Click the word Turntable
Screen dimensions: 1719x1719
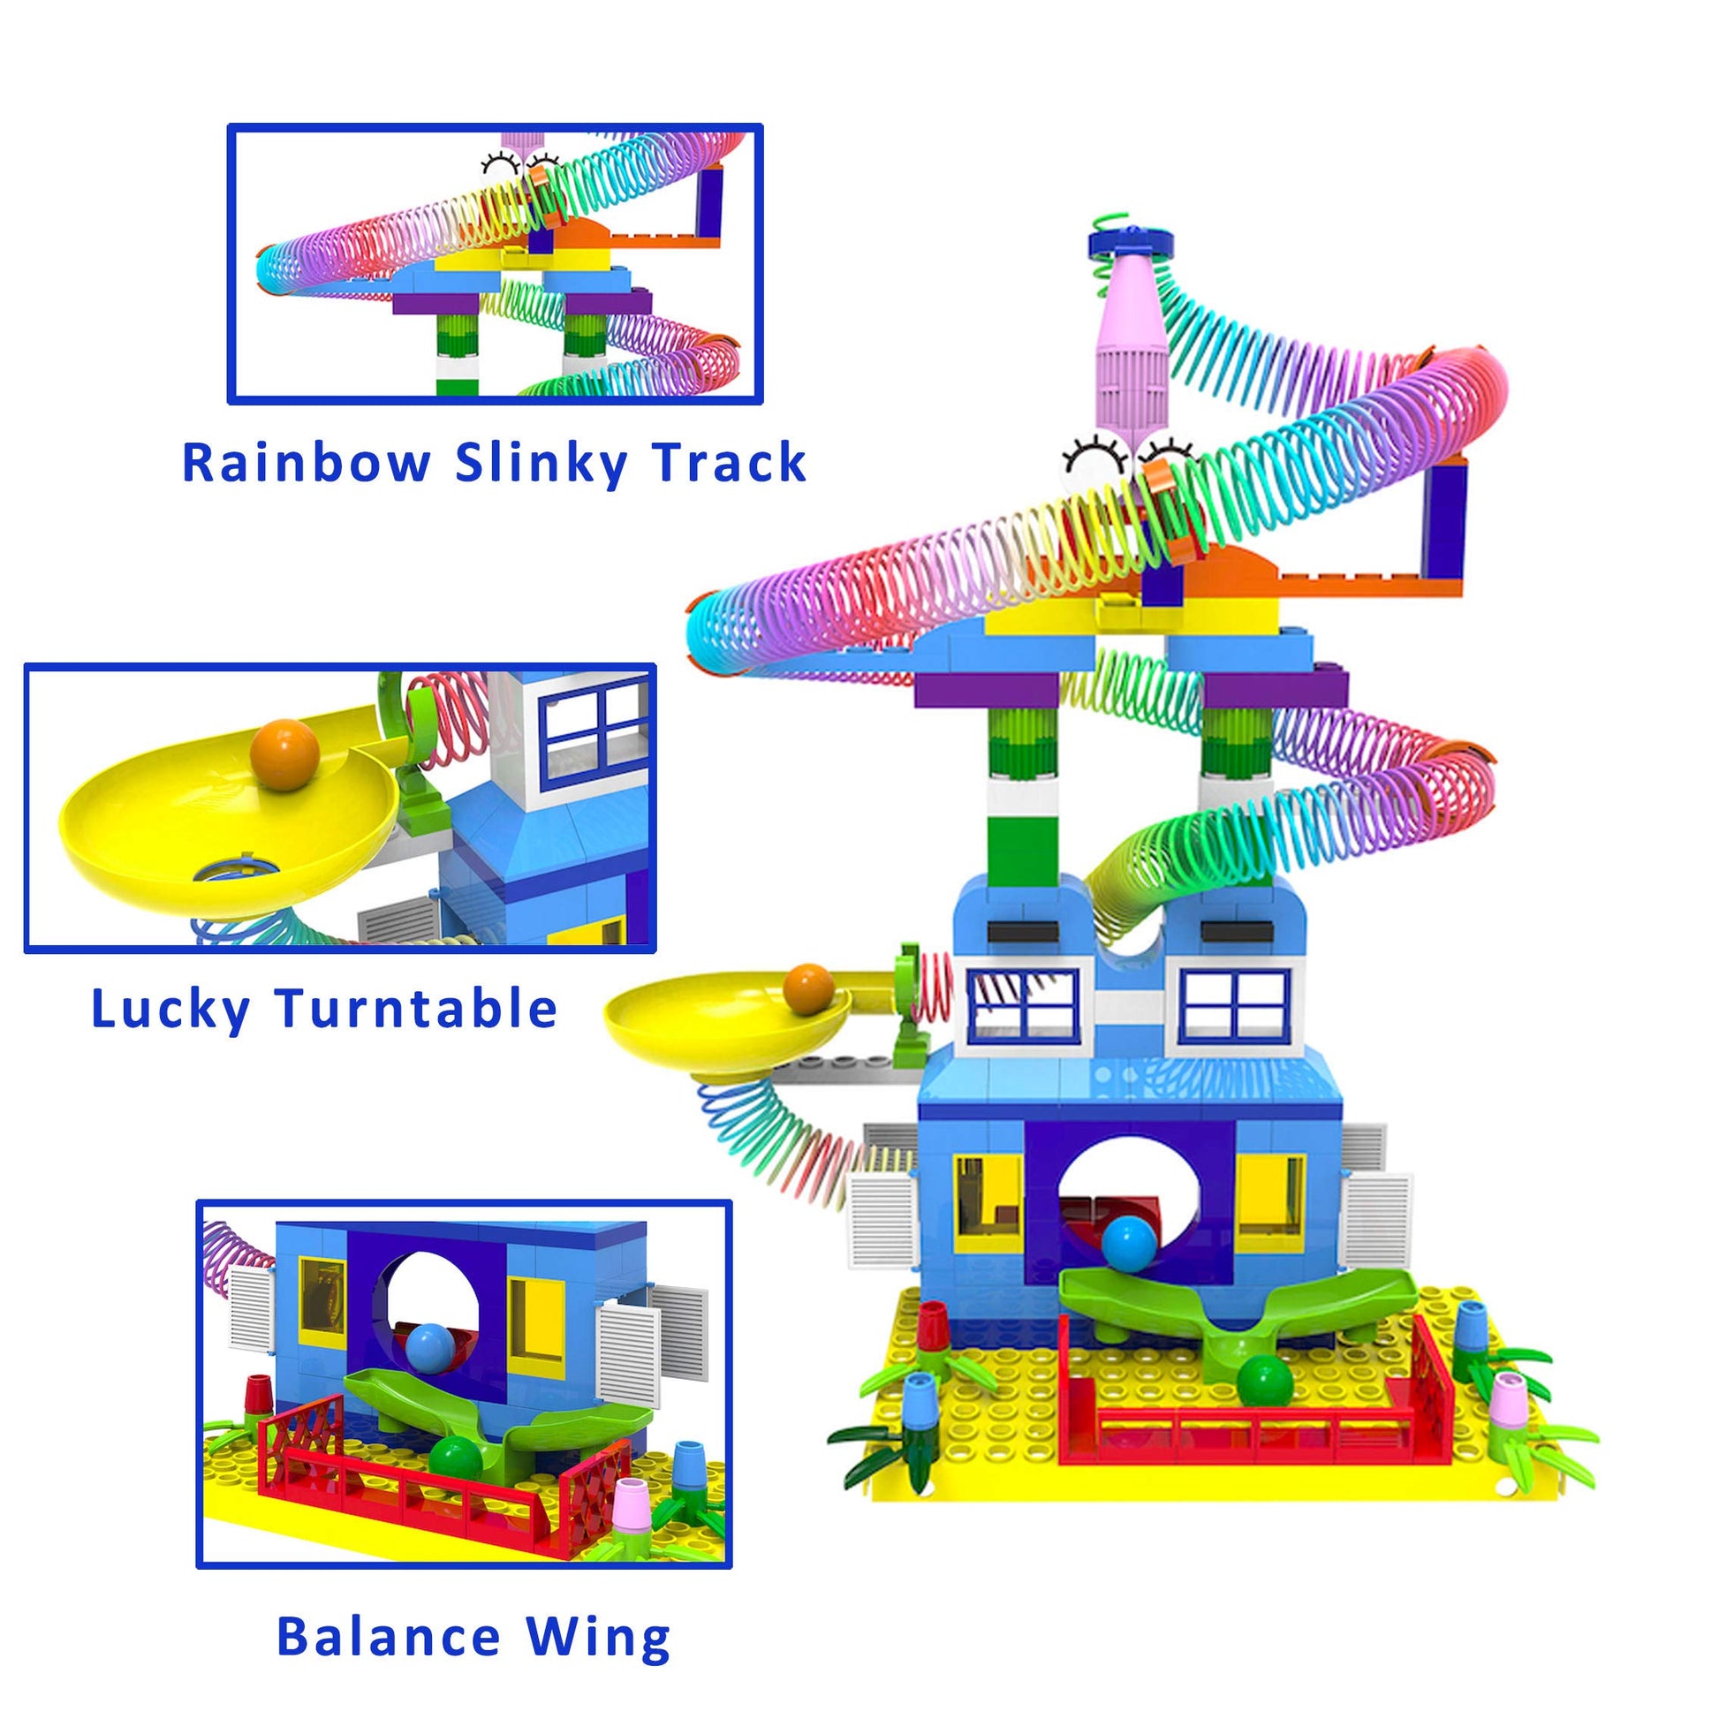(415, 1009)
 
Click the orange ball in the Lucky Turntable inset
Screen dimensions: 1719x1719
(284, 754)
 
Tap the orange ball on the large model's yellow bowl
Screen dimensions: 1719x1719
(809, 988)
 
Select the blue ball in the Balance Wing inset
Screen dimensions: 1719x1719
(429, 1349)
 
